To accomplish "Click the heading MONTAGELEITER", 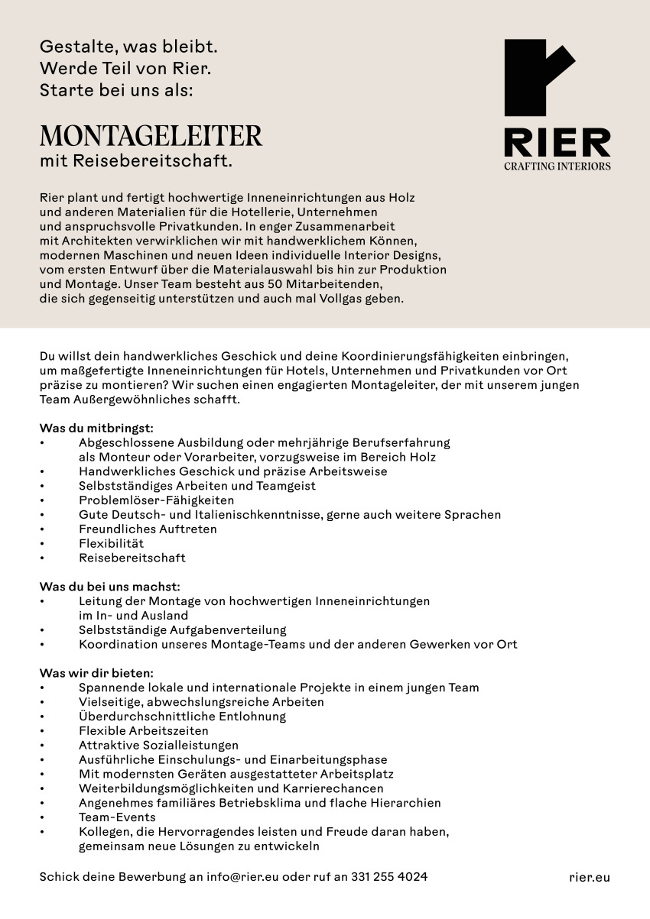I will pyautogui.click(x=151, y=136).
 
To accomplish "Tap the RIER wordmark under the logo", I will pyautogui.click(x=557, y=143).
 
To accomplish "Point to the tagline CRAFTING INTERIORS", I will pyautogui.click(x=557, y=166).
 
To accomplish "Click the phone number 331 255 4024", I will pyautogui.click(x=389, y=877).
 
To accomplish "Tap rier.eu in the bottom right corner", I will pyautogui.click(x=590, y=877).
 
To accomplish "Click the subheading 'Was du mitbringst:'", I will pyautogui.click(x=96, y=428).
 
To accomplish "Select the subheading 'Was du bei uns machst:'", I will pyautogui.click(x=109, y=586).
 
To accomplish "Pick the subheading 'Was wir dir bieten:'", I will pyautogui.click(x=96, y=673).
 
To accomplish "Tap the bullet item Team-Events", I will pyautogui.click(x=117, y=817).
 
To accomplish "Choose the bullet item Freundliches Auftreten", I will pyautogui.click(x=148, y=529).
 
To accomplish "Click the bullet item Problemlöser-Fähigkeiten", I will pyautogui.click(x=156, y=500).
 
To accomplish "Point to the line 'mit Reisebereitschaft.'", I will pyautogui.click(x=135, y=161).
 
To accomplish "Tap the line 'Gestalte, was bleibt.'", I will pyautogui.click(x=128, y=47).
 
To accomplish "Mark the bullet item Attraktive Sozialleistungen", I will pyautogui.click(x=158, y=745).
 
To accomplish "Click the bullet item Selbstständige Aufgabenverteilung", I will pyautogui.click(x=182, y=630).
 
